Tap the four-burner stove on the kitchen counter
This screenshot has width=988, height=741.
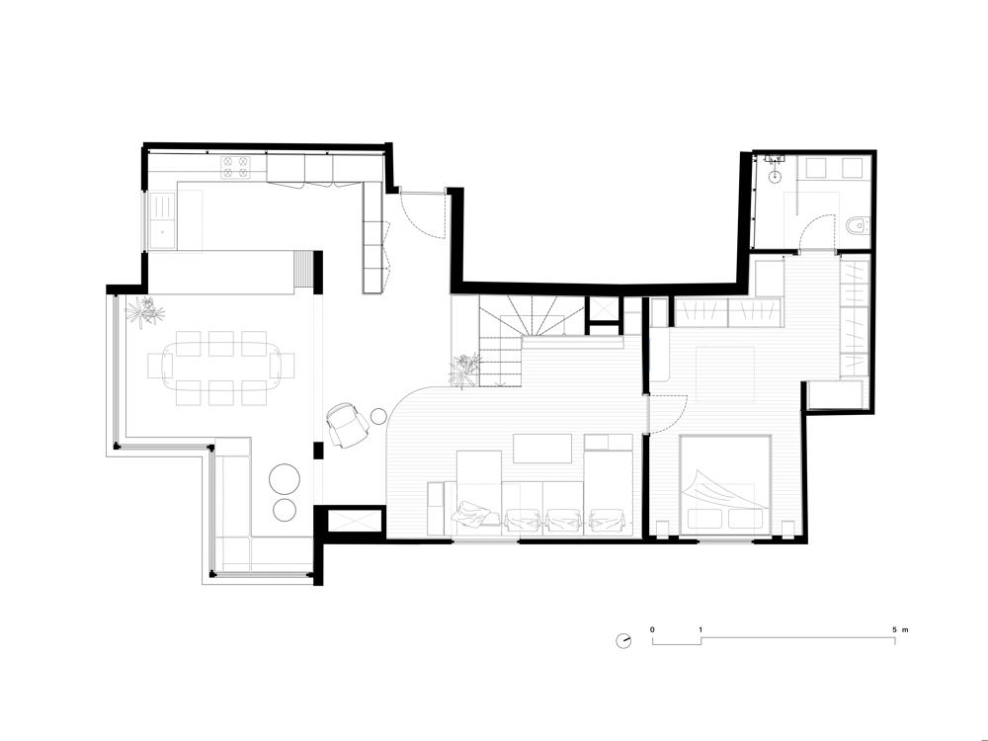click(x=235, y=167)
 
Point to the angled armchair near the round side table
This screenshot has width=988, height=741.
click(x=347, y=425)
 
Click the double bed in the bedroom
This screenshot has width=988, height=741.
click(x=725, y=485)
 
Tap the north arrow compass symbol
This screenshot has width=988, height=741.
click(x=623, y=641)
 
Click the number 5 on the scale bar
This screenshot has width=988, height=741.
click(x=895, y=629)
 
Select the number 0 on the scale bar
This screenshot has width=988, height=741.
click(x=652, y=629)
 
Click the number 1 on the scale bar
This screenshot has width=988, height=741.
click(x=700, y=629)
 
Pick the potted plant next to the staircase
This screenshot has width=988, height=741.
click(x=464, y=370)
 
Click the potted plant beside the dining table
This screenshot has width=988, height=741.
click(x=145, y=311)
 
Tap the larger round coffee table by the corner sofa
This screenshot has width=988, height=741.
click(x=285, y=479)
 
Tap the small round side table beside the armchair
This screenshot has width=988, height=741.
click(x=378, y=416)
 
